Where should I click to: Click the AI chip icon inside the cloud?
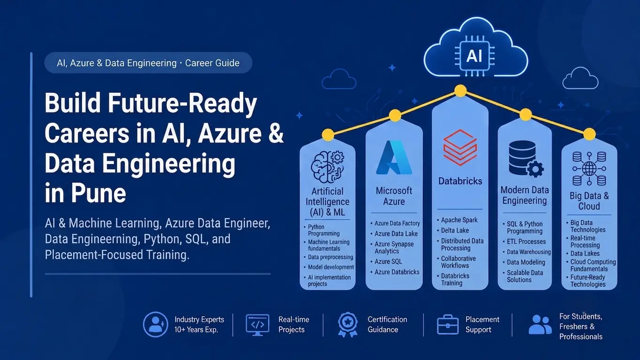pos(474,56)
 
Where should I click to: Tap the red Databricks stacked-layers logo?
pos(460,148)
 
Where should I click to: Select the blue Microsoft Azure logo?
pos(394,157)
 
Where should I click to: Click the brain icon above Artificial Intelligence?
pos(327,167)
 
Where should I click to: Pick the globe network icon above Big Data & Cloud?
pos(589,169)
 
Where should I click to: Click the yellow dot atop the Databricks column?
pos(460,91)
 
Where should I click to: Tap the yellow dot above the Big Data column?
pos(589,134)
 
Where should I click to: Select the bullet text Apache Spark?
pos(459,220)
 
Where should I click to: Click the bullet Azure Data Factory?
pos(397,224)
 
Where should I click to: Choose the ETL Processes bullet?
pos(526,242)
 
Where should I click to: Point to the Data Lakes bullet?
pos(585,254)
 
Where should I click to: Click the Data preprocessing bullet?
pos(331,257)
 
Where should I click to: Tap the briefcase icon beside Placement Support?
pos(448,324)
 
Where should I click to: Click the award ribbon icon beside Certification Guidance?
pos(348,324)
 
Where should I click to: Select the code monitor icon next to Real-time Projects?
pos(257,325)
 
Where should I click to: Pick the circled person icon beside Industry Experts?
pos(156,324)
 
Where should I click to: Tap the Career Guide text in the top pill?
pos(212,63)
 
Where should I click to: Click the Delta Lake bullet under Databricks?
pos(455,230)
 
